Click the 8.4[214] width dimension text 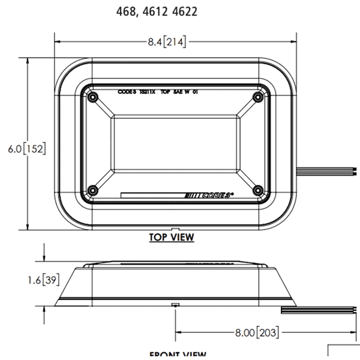click(167, 41)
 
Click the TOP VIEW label click(172, 238)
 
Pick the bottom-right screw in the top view click(258, 190)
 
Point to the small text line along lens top click(160, 93)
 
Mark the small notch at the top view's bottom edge click(172, 229)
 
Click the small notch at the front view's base click(174, 304)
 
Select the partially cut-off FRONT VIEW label click(178, 355)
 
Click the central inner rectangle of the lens click(175, 144)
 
